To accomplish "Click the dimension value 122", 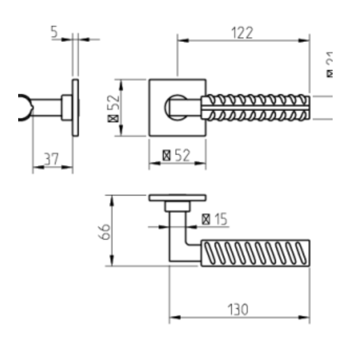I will click(x=243, y=32).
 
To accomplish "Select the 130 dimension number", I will click(x=239, y=308).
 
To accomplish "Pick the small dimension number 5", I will click(x=55, y=31).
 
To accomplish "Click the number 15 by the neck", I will click(x=220, y=219).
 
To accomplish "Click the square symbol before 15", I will click(x=206, y=219).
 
